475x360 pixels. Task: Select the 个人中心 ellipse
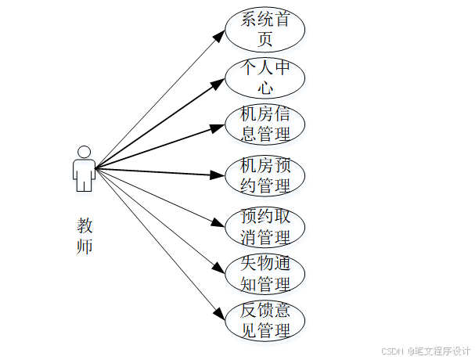click(x=264, y=77)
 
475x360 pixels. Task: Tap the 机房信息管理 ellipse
click(x=264, y=124)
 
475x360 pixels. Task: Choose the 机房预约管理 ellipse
click(x=264, y=175)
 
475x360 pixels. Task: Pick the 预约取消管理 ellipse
click(x=264, y=225)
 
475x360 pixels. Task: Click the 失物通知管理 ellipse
click(x=264, y=273)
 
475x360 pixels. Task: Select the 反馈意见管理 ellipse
click(x=264, y=320)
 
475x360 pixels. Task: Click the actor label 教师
click(x=85, y=236)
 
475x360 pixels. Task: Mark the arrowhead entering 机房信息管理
click(x=218, y=125)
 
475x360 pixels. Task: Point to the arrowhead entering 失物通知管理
click(x=219, y=268)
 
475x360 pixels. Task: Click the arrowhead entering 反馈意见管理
click(x=220, y=314)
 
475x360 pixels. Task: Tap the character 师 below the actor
click(x=85, y=247)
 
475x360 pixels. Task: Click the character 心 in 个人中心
click(x=264, y=88)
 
